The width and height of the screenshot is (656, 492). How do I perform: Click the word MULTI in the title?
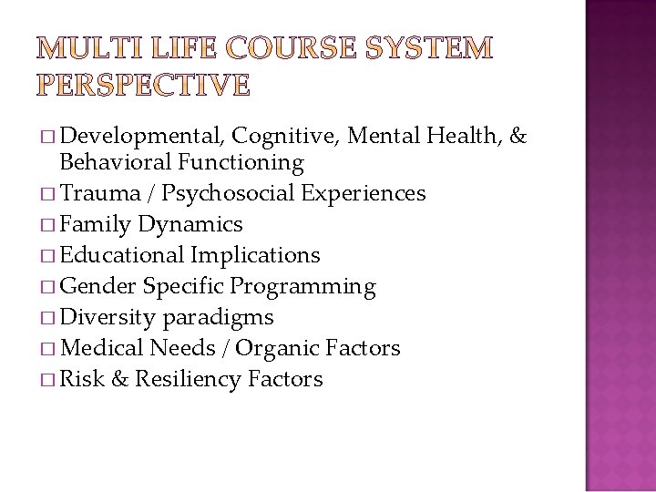(80, 49)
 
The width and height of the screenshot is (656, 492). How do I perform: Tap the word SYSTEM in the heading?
(430, 49)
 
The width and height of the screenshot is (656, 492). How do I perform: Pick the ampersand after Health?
(518, 137)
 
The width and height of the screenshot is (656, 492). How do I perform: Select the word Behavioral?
(116, 163)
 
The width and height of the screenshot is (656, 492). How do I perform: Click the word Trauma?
(97, 193)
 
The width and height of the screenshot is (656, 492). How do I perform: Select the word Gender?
(97, 286)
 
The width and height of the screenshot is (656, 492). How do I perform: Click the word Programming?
(302, 287)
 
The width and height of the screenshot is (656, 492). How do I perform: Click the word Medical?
(101, 348)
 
